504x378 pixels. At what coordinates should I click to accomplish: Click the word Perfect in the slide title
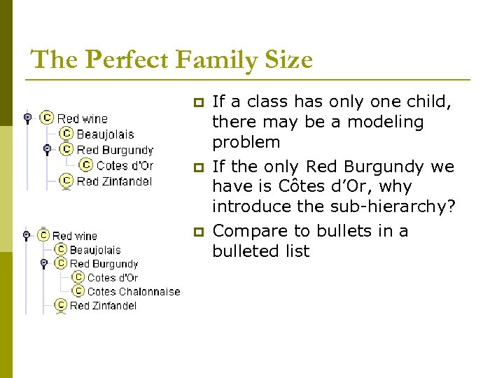[127, 59]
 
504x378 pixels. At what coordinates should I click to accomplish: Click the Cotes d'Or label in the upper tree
[125, 166]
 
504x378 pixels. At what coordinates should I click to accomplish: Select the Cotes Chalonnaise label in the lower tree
[133, 292]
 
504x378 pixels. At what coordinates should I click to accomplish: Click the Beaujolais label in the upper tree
[105, 134]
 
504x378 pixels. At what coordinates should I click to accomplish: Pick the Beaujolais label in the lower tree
[95, 250]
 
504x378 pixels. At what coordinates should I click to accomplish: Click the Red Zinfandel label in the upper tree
[114, 181]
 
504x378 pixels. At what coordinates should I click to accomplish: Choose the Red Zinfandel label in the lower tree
[104, 305]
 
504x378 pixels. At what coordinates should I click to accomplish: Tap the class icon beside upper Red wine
[47, 118]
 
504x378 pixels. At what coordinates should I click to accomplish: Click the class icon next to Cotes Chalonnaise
[78, 291]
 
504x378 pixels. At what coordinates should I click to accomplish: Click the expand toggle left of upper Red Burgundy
[47, 149]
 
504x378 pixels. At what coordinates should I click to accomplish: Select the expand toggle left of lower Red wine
[26, 235]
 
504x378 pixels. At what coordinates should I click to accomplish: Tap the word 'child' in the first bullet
[432, 101]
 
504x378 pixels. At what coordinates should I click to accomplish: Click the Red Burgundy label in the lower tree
[104, 264]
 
